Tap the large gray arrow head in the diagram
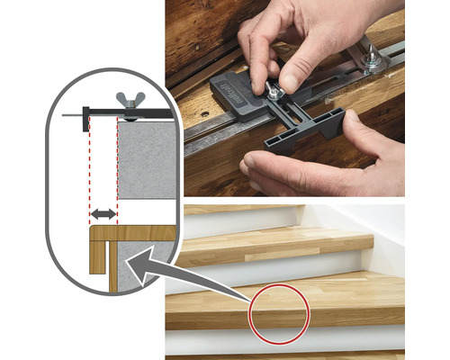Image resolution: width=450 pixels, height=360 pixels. point(134,263)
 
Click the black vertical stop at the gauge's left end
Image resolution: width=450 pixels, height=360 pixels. point(85,116)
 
